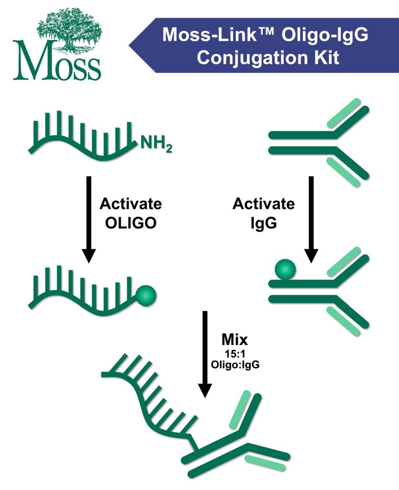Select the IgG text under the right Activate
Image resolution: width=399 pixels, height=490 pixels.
264,223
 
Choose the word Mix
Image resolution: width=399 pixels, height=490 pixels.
235,340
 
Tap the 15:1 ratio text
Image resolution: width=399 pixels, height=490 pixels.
234,354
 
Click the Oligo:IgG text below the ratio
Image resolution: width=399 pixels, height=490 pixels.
234,364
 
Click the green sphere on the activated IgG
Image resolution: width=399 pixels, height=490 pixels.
284,270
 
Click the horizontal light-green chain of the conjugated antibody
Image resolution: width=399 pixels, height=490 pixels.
265,462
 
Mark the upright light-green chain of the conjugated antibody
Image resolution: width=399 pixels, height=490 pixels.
240,409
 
